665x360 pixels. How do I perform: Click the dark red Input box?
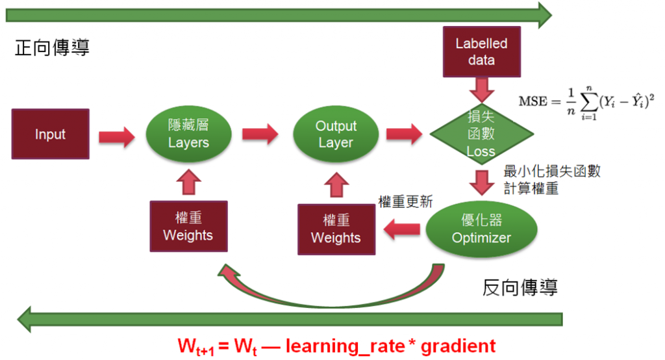click(50, 135)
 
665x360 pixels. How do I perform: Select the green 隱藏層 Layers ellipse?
click(188, 135)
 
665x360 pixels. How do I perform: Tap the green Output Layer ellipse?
click(336, 134)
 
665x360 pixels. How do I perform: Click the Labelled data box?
click(481, 52)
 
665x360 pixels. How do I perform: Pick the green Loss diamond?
click(481, 135)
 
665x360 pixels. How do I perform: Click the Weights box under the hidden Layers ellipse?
click(188, 225)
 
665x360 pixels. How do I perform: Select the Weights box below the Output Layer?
click(336, 229)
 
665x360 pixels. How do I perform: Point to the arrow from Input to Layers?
click(116, 135)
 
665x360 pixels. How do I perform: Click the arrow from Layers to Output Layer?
click(260, 135)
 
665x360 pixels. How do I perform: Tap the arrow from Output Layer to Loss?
click(404, 134)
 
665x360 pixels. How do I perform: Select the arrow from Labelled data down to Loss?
click(481, 87)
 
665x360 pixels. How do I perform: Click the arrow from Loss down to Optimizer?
click(481, 182)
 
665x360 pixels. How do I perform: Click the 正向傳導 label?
click(52, 47)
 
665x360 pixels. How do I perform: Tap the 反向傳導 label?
click(520, 287)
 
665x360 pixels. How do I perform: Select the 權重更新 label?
click(405, 201)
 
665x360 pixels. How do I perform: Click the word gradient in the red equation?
click(458, 345)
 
